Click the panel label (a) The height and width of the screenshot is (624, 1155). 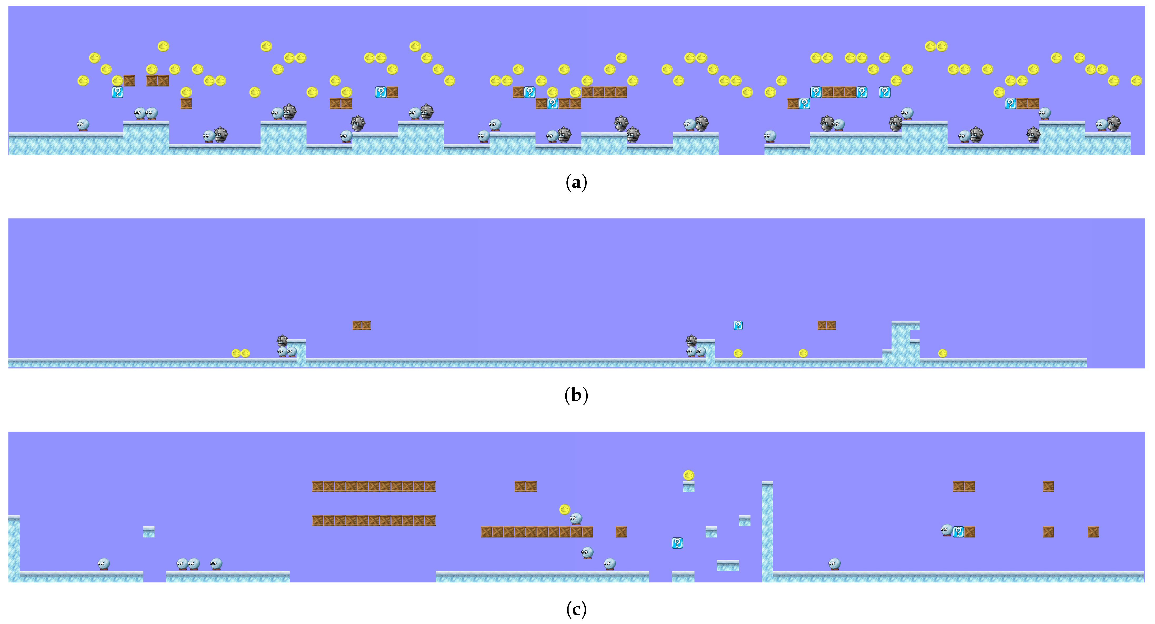(576, 183)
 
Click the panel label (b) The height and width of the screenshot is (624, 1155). (576, 395)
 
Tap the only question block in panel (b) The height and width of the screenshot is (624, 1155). (738, 325)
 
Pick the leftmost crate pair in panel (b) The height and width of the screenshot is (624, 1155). (361, 325)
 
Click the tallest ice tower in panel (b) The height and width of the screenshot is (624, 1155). (901, 343)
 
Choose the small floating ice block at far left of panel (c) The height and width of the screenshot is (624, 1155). (149, 532)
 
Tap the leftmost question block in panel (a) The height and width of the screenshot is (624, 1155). (117, 92)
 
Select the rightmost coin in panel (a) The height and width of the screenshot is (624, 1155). (1136, 80)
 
